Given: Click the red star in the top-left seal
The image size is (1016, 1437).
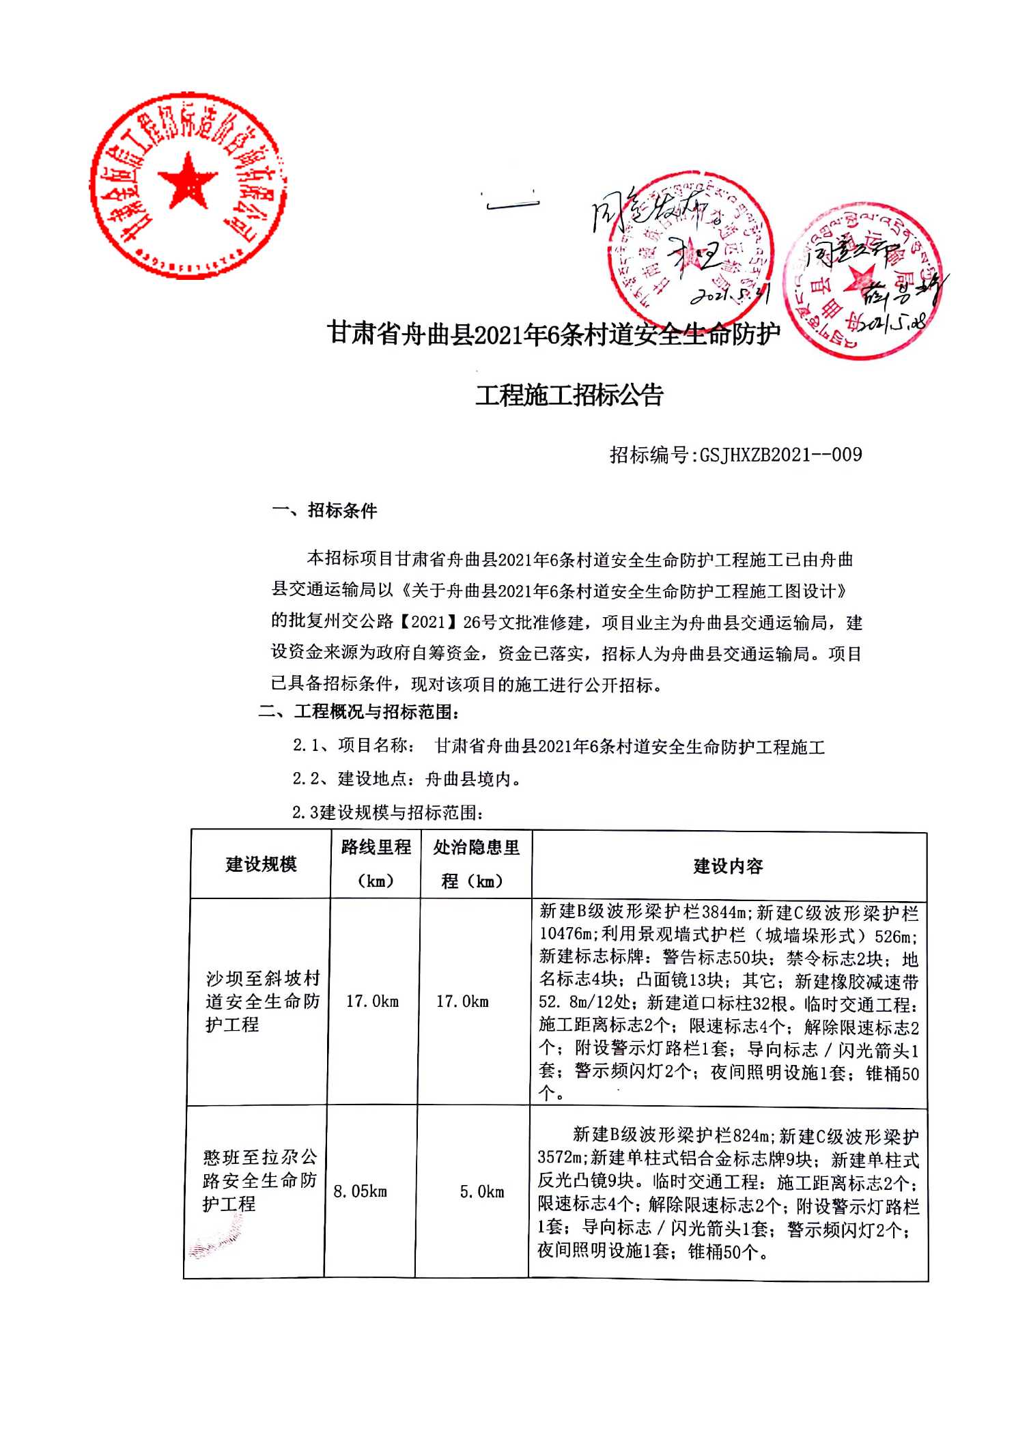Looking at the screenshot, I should pyautogui.click(x=187, y=180).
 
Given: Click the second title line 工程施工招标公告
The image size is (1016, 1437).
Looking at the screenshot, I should pyautogui.click(x=569, y=395).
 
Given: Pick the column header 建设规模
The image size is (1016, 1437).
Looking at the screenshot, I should pyautogui.click(x=261, y=864).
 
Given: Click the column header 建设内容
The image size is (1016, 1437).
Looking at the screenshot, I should pyautogui.click(x=728, y=866).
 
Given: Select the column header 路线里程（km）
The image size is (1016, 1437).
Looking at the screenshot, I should pyautogui.click(x=376, y=864).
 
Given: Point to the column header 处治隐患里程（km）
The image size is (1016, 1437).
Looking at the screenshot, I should pyautogui.click(x=476, y=864).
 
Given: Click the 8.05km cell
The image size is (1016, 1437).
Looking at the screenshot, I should pyautogui.click(x=360, y=1191).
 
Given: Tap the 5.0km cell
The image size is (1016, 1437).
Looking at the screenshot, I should pyautogui.click(x=481, y=1192).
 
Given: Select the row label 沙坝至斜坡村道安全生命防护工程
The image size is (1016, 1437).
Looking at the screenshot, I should pyautogui.click(x=262, y=1001).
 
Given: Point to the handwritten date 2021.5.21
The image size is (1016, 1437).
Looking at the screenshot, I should pyautogui.click(x=729, y=295).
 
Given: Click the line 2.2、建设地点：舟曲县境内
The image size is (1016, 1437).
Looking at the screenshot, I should pyautogui.click(x=407, y=779).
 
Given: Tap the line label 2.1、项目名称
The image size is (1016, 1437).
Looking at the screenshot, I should pyautogui.click(x=352, y=745).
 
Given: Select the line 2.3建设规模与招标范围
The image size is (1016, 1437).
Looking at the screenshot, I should pyautogui.click(x=388, y=812).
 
